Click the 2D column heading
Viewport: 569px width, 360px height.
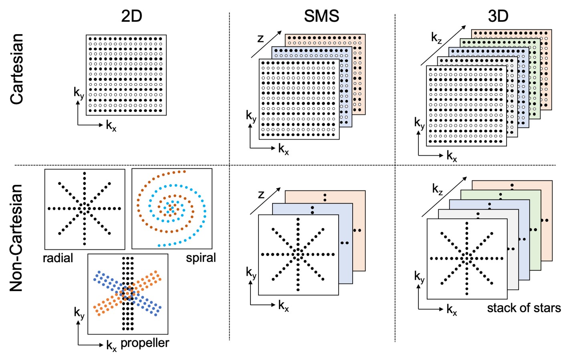click(x=131, y=16)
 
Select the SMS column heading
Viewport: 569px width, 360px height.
click(x=321, y=16)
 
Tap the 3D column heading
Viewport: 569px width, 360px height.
click(x=498, y=16)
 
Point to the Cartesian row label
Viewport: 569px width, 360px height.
click(x=17, y=69)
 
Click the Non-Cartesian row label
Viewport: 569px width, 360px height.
click(x=17, y=238)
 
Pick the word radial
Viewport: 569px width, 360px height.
click(x=58, y=258)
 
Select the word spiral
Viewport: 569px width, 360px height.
click(x=201, y=258)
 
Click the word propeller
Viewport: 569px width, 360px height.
click(x=145, y=343)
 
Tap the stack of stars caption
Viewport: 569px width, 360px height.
click(x=524, y=308)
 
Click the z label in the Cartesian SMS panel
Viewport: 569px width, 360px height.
click(x=260, y=38)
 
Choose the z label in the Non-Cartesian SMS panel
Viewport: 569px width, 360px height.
click(x=261, y=194)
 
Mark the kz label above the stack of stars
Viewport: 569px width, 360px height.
click(x=438, y=189)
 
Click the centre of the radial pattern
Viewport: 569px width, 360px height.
click(x=85, y=208)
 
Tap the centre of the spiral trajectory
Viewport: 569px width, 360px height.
click(x=171, y=208)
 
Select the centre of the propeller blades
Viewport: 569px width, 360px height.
click(x=128, y=293)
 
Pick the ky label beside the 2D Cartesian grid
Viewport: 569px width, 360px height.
click(x=79, y=93)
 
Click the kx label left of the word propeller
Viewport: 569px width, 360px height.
click(x=111, y=345)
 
